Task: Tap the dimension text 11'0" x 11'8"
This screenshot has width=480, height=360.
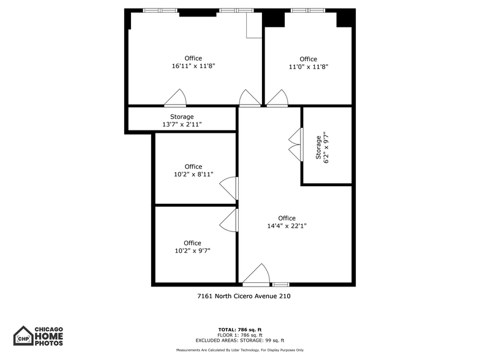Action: pyautogui.click(x=308, y=67)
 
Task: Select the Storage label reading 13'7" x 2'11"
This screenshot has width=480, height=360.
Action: pyautogui.click(x=182, y=124)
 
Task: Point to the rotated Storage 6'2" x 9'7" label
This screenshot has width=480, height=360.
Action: pyautogui.click(x=322, y=147)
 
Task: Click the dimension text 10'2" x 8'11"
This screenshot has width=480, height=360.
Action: pyautogui.click(x=193, y=174)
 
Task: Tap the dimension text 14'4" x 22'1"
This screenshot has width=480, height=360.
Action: pyautogui.click(x=287, y=226)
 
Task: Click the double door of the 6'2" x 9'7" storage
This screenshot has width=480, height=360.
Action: pyautogui.click(x=295, y=145)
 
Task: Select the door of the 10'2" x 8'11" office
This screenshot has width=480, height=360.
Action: pyautogui.click(x=230, y=188)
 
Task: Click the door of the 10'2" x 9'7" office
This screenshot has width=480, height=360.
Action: pyautogui.click(x=230, y=220)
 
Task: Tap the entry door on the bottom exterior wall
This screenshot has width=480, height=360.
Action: pyautogui.click(x=256, y=276)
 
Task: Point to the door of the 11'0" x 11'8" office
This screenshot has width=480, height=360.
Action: pyautogui.click(x=277, y=99)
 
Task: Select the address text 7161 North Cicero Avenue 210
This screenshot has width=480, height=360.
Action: pyautogui.click(x=244, y=296)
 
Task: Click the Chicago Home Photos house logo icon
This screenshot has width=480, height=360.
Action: pyautogui.click(x=23, y=336)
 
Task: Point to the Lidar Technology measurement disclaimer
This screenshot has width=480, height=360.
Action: pyautogui.click(x=240, y=350)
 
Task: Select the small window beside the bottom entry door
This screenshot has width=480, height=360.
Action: pyautogui.click(x=280, y=284)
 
